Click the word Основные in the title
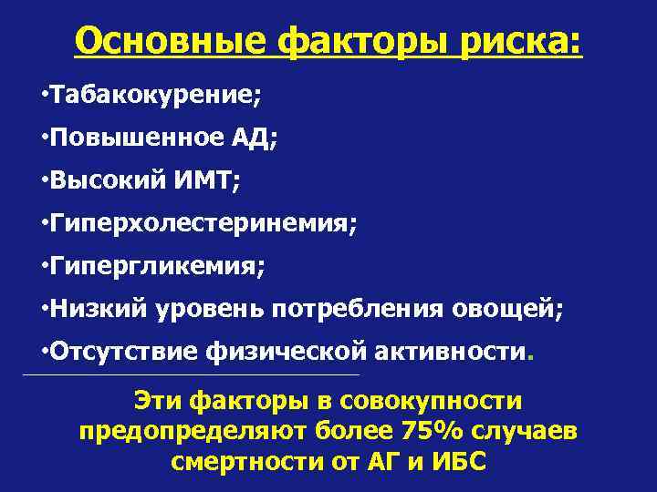coord(170,41)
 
